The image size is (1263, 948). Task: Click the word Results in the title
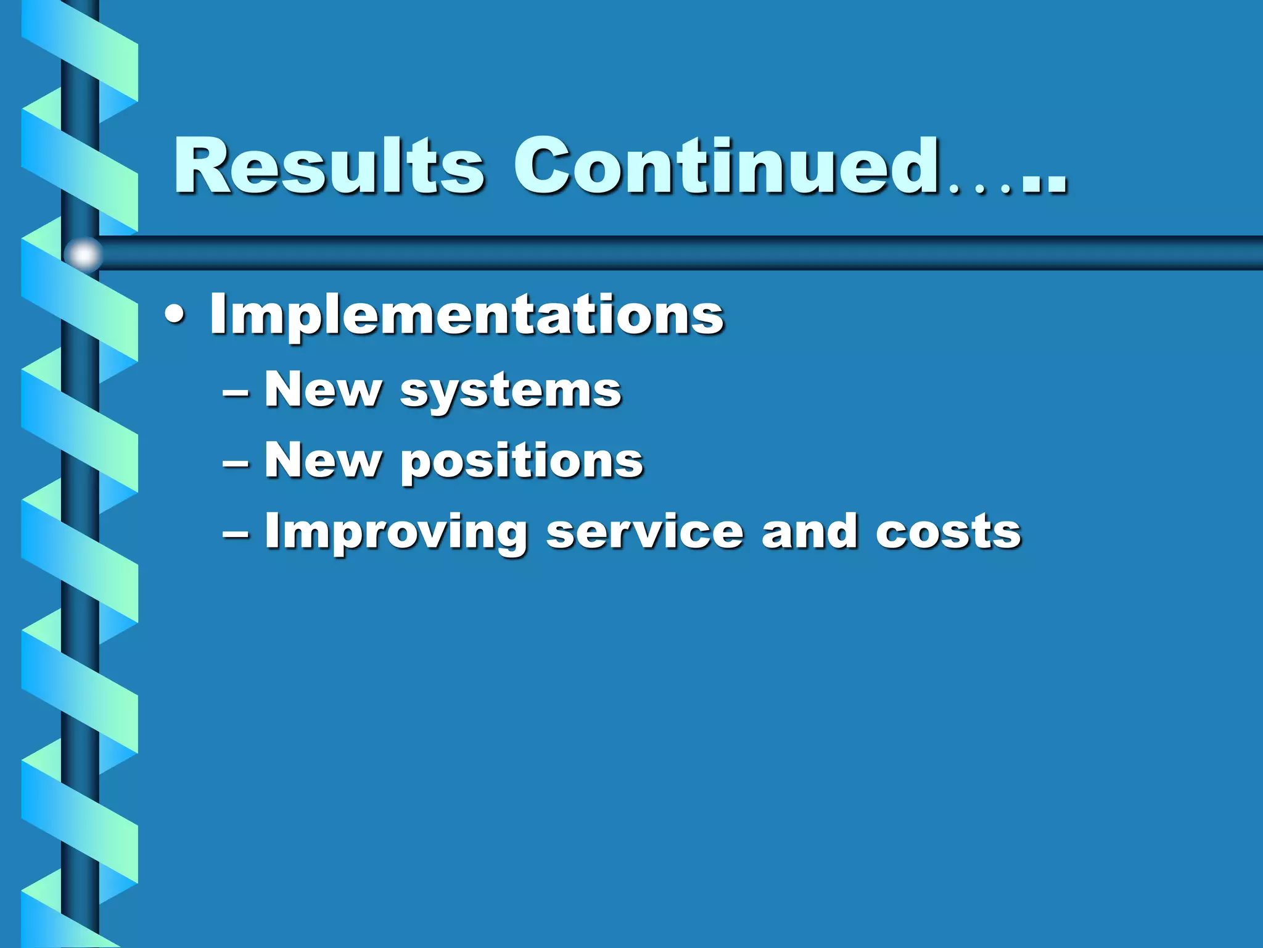pos(329,165)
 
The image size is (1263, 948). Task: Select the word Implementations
pos(467,315)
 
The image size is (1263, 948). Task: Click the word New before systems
pos(323,390)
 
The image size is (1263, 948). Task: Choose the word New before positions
pos(323,460)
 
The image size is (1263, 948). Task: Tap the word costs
pos(948,532)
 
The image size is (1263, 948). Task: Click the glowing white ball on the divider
pos(84,254)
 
